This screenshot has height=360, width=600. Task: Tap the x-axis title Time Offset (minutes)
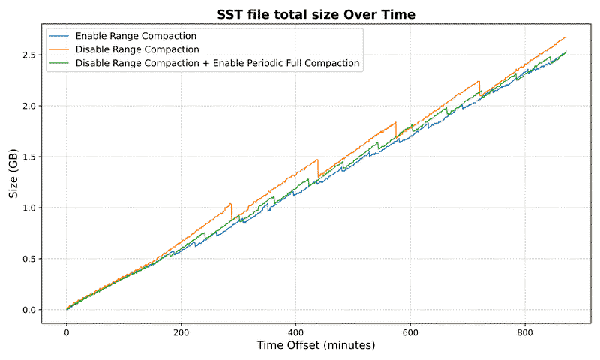tap(316, 346)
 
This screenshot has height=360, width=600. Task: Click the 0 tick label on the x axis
tap(67, 331)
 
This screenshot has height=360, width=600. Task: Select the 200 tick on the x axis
tap(181, 331)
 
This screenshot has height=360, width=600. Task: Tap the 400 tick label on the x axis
tap(296, 331)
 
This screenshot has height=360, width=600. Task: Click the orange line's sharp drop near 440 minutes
tap(319, 168)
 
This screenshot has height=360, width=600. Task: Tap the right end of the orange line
tap(565, 37)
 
